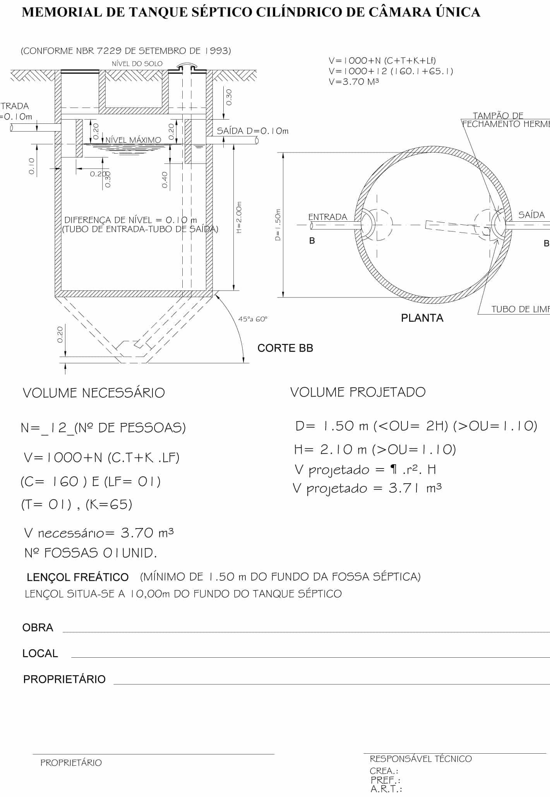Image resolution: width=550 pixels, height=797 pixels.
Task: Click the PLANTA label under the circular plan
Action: [422, 318]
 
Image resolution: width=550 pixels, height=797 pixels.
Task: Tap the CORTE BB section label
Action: [285, 348]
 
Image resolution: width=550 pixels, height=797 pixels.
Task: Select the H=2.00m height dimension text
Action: [239, 217]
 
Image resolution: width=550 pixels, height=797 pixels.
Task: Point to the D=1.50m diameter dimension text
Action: [278, 225]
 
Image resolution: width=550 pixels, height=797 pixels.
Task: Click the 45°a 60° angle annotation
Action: [253, 319]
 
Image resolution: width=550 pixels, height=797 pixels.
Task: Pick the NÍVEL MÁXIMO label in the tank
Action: [134, 140]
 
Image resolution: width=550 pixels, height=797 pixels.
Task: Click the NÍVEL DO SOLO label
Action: [137, 64]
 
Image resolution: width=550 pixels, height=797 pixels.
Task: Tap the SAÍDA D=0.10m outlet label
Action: [252, 131]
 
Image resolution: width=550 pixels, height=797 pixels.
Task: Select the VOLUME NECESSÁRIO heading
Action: [94, 393]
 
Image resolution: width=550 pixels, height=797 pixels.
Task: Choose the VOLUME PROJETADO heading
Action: [358, 392]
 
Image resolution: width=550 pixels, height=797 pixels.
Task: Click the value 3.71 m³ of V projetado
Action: [415, 488]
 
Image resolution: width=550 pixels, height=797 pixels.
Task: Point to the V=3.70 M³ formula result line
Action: [353, 82]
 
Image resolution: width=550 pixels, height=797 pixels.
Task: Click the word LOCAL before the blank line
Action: [40, 653]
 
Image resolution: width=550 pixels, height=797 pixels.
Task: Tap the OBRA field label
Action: [38, 628]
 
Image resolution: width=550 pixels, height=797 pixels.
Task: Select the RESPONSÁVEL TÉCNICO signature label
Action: [421, 759]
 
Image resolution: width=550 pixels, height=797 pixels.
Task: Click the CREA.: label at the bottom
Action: [384, 771]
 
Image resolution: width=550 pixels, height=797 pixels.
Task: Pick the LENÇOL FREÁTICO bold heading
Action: [77, 577]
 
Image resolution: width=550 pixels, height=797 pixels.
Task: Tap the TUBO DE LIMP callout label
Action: [520, 309]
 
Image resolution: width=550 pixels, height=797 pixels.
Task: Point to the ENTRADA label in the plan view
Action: [327, 217]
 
